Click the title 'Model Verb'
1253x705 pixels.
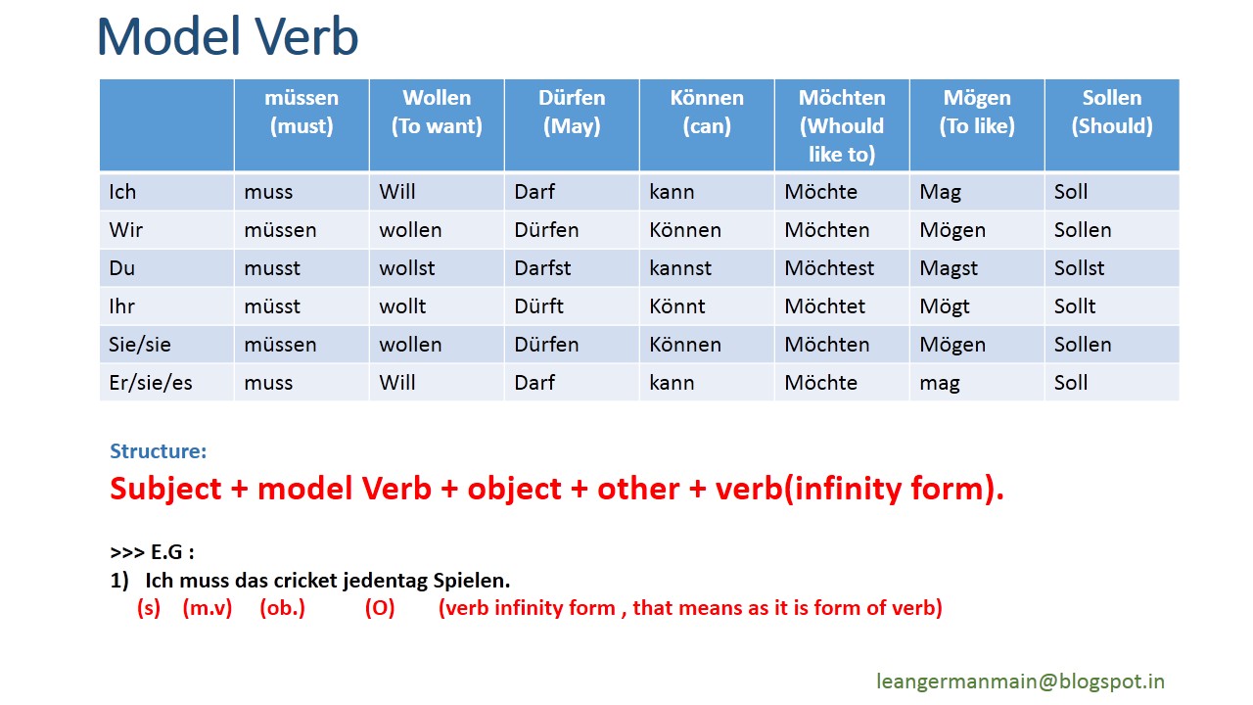tap(227, 37)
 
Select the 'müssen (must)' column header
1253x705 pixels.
tap(302, 112)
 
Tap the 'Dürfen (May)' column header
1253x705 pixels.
tap(572, 112)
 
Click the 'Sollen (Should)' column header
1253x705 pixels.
tap(1112, 112)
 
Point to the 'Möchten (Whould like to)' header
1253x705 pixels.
tap(842, 126)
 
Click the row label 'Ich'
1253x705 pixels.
tap(122, 192)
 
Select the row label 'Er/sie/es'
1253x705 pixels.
tap(151, 383)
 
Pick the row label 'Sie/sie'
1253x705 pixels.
tap(140, 344)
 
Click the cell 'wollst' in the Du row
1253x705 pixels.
tap(406, 268)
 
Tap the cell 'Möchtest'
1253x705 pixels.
tap(829, 268)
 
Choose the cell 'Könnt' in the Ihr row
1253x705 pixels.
tap(676, 306)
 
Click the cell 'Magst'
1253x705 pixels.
tap(949, 268)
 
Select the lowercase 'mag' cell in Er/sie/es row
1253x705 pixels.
tap(940, 384)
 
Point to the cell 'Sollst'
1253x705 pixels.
tap(1079, 268)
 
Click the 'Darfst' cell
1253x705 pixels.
tap(542, 268)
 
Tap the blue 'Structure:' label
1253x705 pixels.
tap(159, 451)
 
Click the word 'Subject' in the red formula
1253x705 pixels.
tap(165, 489)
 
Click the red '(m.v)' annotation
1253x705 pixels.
tap(207, 608)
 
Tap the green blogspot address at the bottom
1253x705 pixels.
tap(1020, 681)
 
